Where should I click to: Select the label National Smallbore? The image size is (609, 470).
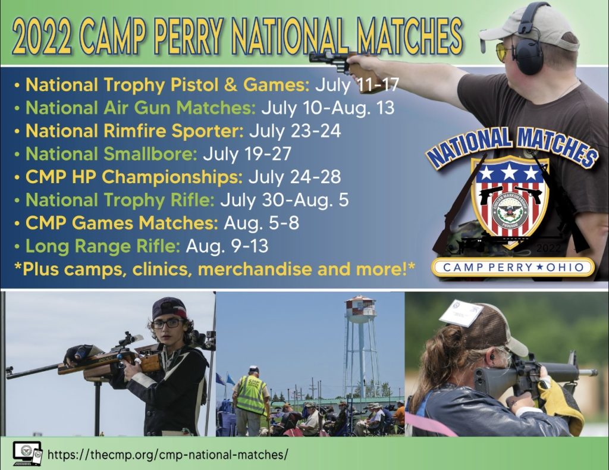(x=111, y=154)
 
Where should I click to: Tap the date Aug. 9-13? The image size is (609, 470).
(x=227, y=246)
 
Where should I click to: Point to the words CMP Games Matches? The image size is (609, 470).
(x=121, y=223)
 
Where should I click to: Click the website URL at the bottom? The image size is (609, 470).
(x=168, y=454)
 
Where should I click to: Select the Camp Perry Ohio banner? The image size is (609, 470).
(x=513, y=267)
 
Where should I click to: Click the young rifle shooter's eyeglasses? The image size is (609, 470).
(x=168, y=324)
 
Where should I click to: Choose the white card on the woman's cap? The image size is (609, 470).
(x=461, y=313)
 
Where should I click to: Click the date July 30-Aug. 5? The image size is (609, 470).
(x=284, y=200)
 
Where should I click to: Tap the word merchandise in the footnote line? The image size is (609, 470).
(x=255, y=269)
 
